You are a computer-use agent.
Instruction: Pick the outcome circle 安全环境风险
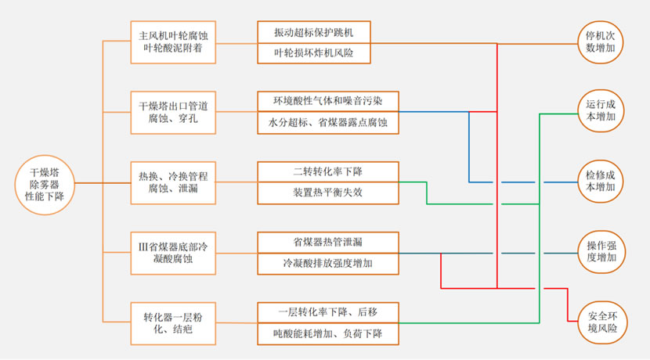tap(602, 323)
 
